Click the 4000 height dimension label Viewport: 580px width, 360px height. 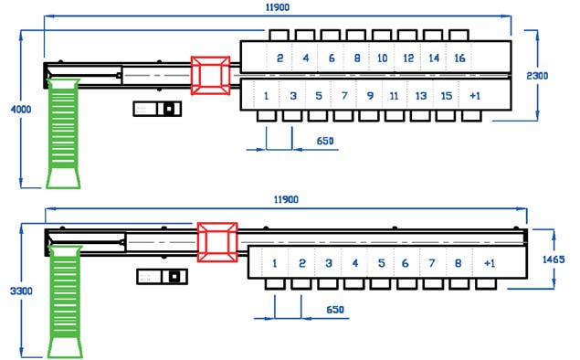coord(21,110)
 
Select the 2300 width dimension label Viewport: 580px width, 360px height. coord(537,76)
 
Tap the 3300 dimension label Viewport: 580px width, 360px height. coord(21,291)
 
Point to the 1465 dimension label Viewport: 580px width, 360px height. coord(554,259)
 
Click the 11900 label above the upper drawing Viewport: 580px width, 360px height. coord(278,7)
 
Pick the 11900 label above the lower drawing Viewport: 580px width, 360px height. coord(286,200)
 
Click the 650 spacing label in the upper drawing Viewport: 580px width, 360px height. coord(325,141)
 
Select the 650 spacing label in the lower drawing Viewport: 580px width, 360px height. coord(335,310)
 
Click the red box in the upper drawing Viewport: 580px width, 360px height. coord(210,76)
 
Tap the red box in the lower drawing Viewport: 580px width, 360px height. coord(217,242)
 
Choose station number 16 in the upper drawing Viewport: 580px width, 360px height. coord(459,58)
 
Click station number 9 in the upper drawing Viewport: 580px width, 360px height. coord(370,96)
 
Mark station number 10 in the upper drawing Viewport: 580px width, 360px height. coord(382,58)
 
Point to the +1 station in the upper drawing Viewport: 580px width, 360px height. coord(475,96)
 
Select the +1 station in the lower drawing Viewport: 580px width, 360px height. coord(490,263)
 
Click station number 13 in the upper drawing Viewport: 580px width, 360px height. coord(420,96)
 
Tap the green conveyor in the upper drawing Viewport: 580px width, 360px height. coord(63,133)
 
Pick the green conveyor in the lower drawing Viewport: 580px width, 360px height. coord(65,302)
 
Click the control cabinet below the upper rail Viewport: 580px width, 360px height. coord(157,109)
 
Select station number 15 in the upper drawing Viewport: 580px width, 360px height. coord(447,96)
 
